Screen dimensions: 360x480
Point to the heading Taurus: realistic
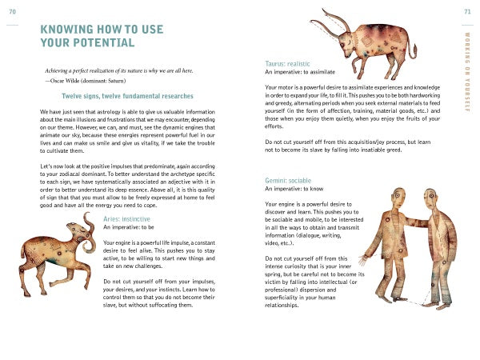(x=290, y=63)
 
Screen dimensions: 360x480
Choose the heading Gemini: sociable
(x=289, y=181)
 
